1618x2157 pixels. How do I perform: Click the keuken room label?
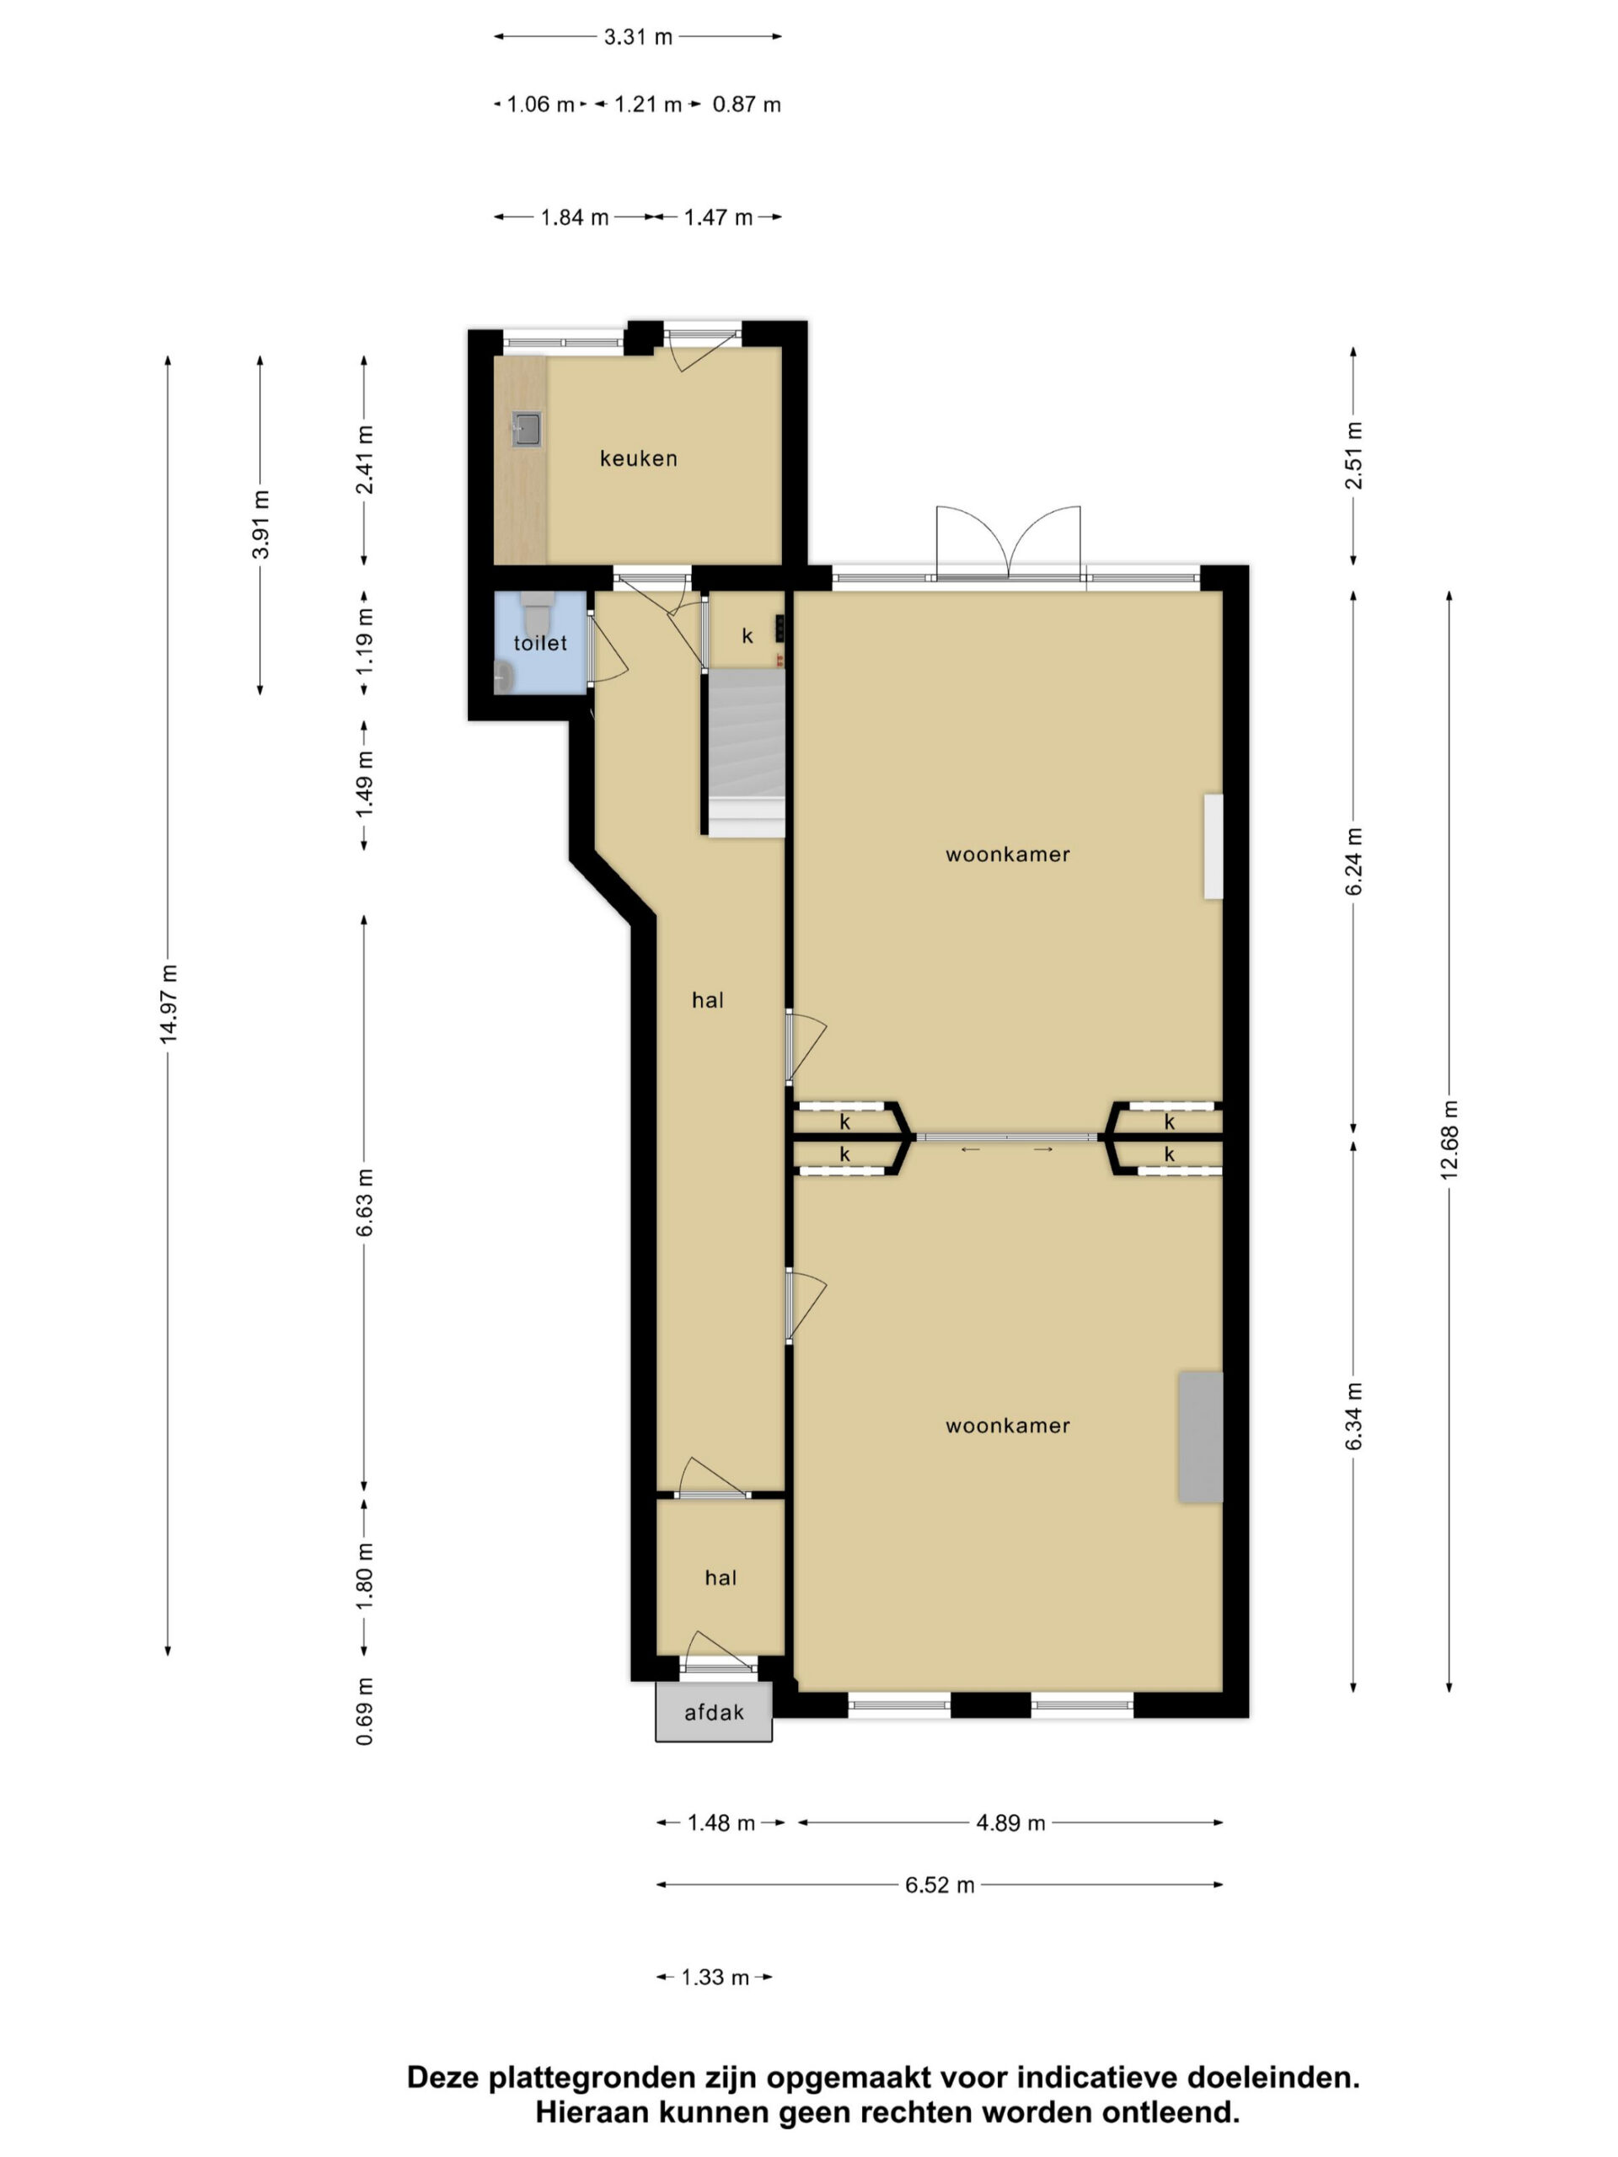click(638, 458)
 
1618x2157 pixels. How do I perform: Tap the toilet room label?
click(540, 643)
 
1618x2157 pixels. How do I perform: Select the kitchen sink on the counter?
click(527, 429)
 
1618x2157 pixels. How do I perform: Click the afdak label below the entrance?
click(714, 1712)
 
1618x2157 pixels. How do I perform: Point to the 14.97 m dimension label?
click(169, 1004)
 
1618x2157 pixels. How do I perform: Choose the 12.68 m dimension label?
click(1449, 1140)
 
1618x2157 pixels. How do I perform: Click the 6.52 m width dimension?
click(940, 1885)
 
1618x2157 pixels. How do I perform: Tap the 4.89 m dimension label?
click(1010, 1822)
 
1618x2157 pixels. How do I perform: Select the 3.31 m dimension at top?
click(638, 37)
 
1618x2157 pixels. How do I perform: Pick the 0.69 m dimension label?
click(365, 1711)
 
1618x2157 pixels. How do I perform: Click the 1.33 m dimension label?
click(715, 1978)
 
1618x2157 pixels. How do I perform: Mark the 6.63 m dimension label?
click(365, 1202)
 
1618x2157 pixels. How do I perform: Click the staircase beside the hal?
click(746, 752)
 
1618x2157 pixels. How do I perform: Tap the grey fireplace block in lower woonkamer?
click(1201, 1437)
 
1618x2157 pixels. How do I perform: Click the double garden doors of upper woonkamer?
click(1009, 543)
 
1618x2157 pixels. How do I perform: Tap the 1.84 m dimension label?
click(575, 217)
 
